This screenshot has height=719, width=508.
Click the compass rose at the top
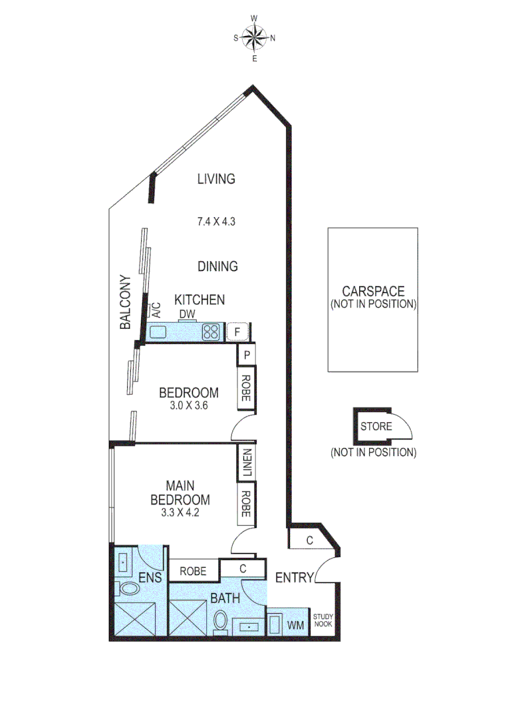[x=254, y=38]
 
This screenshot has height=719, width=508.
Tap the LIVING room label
[x=216, y=178]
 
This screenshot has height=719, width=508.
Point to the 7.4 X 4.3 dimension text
[x=217, y=222]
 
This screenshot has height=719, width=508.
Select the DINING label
[x=217, y=266]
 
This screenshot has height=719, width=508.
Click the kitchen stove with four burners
[x=212, y=331]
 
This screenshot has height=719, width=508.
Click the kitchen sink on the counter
[x=160, y=331]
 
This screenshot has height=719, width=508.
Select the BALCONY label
[x=124, y=302]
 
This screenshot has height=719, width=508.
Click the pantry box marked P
[x=246, y=355]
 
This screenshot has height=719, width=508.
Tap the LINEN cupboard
[x=246, y=463]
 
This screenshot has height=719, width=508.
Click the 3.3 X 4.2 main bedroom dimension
[x=180, y=513]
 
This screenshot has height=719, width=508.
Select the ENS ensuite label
[x=150, y=578]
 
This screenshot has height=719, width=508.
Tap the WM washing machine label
[x=297, y=626]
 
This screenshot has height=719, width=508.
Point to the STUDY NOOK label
[x=322, y=620]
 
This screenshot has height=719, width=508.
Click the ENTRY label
[x=293, y=578]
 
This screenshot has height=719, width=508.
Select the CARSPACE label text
[x=372, y=292]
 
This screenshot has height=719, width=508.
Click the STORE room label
[x=376, y=426]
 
